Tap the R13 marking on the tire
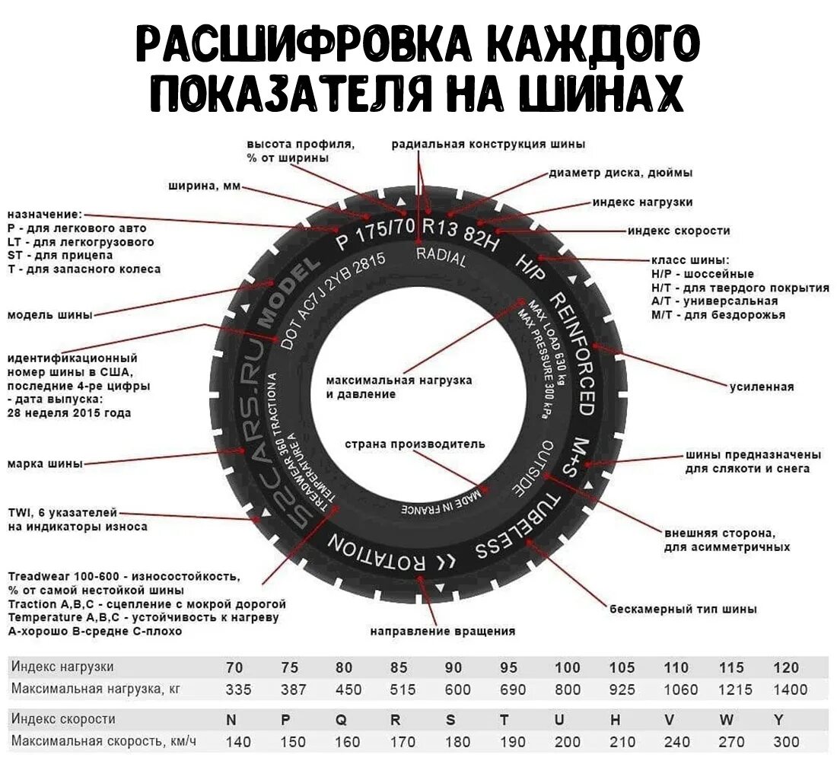(442, 226)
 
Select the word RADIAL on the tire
(441, 256)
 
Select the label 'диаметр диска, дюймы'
(621, 173)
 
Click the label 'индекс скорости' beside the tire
(679, 231)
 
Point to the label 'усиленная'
(762, 387)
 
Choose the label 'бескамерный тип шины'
(683, 609)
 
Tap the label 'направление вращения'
(443, 631)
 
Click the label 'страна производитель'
(415, 444)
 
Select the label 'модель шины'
(50, 315)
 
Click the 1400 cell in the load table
(790, 689)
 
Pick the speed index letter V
(670, 719)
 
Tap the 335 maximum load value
(234, 689)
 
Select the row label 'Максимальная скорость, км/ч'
(104, 740)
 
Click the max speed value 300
(786, 741)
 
